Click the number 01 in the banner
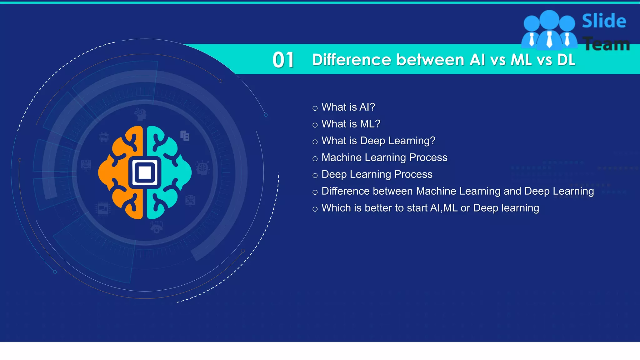tap(283, 60)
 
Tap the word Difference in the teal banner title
tap(351, 60)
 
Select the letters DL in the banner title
tap(566, 60)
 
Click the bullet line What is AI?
tap(348, 107)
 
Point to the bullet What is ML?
tap(351, 124)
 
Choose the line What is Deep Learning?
tap(378, 141)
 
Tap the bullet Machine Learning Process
tap(384, 157)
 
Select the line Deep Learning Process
tap(377, 174)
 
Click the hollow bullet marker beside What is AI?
tap(315, 108)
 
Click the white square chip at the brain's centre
tap(145, 172)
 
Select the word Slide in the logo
tap(604, 21)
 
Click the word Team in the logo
tap(606, 44)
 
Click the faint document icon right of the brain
tap(185, 136)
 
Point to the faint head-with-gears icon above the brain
tap(140, 114)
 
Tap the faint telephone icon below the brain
tap(156, 227)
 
